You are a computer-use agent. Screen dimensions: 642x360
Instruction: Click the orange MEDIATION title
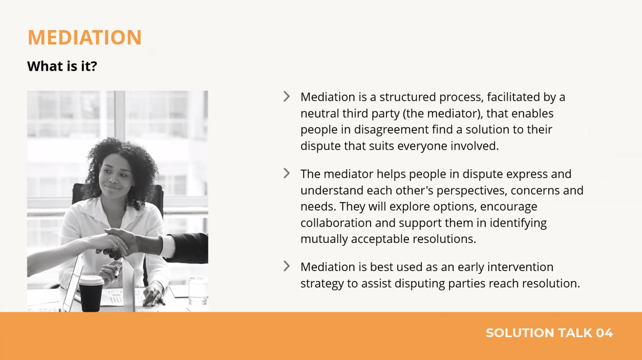pyautogui.click(x=85, y=37)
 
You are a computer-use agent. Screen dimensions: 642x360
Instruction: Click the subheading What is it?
pyautogui.click(x=62, y=66)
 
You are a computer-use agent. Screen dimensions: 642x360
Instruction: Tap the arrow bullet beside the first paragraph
pyautogui.click(x=286, y=96)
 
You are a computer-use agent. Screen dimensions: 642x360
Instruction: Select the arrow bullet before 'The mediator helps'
pyautogui.click(x=286, y=173)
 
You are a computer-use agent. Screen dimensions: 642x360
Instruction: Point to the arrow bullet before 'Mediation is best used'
pyautogui.click(x=286, y=266)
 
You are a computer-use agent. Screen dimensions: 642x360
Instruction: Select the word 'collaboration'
pyautogui.click(x=336, y=223)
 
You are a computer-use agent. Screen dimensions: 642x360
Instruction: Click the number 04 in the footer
pyautogui.click(x=604, y=333)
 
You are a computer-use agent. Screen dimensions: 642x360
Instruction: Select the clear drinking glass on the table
pyautogui.click(x=198, y=290)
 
